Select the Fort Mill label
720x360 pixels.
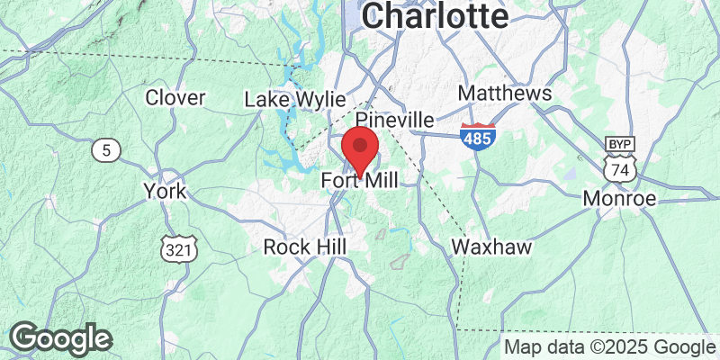pos(359,181)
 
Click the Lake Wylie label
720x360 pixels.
pos(289,99)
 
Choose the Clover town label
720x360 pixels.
pos(175,97)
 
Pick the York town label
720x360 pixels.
pos(165,191)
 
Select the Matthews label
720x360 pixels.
pos(504,94)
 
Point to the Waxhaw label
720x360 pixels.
pos(491,246)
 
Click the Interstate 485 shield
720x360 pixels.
pos(476,137)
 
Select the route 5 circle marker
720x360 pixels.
pos(106,150)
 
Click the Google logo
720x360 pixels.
pos(59,338)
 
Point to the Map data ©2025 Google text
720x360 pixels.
pos(608,346)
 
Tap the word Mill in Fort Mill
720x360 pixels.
pos(381,181)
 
